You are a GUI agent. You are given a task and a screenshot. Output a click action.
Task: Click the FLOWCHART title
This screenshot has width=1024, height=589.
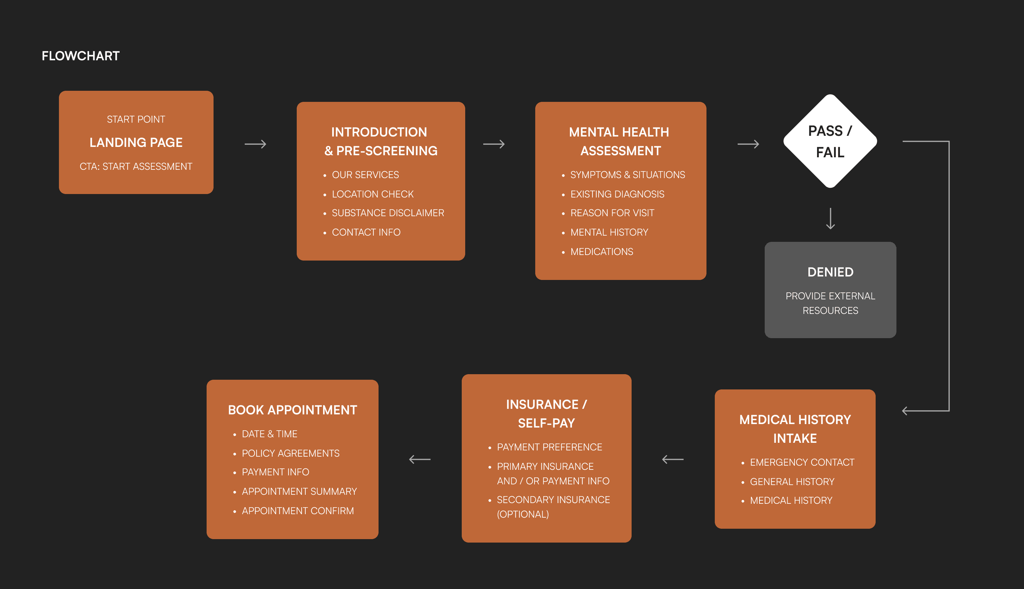tap(80, 56)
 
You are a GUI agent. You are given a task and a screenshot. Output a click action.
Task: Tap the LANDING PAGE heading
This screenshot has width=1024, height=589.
tap(136, 142)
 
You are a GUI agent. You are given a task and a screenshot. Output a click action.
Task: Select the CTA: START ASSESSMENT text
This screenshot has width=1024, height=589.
tap(136, 166)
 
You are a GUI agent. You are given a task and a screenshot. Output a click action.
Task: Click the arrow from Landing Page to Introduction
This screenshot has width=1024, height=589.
tap(255, 144)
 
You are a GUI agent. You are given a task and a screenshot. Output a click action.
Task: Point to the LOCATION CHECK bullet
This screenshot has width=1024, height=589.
tap(372, 194)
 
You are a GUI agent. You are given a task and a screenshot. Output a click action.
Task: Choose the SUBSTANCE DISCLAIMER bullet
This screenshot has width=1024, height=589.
tap(388, 213)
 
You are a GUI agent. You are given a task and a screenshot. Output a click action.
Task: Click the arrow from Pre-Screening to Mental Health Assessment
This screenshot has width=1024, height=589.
tap(494, 144)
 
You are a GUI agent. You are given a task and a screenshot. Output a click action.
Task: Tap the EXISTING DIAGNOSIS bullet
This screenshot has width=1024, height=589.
tap(617, 194)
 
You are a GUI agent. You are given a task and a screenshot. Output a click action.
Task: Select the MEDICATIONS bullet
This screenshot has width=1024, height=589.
tap(601, 252)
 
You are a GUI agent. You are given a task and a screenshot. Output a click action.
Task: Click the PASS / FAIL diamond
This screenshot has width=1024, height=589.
tap(830, 141)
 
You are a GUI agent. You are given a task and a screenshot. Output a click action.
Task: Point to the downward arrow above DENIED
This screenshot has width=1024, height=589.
tap(830, 218)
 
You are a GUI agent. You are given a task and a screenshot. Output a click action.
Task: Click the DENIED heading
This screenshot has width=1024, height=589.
tap(830, 272)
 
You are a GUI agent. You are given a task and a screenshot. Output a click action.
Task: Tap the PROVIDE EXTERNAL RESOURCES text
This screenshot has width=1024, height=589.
tap(830, 303)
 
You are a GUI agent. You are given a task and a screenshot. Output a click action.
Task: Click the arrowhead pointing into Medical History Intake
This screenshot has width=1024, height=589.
tap(906, 411)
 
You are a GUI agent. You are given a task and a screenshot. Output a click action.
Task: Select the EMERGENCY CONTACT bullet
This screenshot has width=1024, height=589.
tap(802, 463)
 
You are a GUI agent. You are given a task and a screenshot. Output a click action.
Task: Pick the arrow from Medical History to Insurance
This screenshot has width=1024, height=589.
tap(673, 459)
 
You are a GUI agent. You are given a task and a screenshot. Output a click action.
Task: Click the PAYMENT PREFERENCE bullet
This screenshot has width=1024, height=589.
tap(549, 447)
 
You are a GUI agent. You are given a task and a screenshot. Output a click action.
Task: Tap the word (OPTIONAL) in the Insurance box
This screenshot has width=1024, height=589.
tap(522, 514)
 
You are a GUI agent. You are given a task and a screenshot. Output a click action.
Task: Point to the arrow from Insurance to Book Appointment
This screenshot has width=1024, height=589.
tap(420, 459)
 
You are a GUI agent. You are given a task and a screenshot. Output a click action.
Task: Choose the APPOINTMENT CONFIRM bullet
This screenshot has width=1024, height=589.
tap(297, 511)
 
